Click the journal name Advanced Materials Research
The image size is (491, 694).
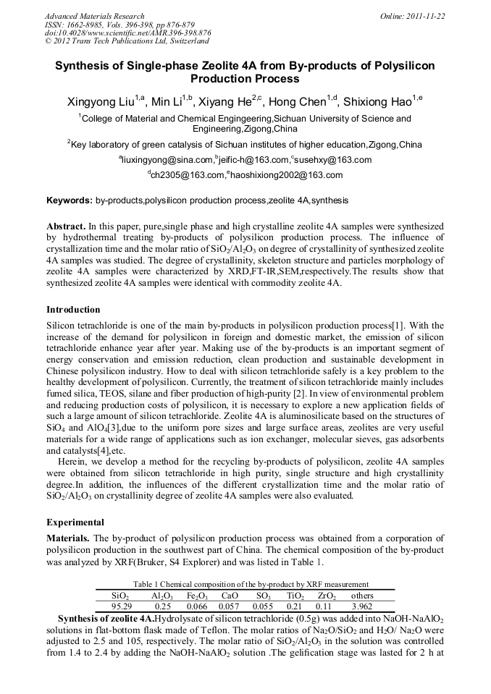94,16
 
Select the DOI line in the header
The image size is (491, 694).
127,33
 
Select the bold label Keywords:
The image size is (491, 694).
70,200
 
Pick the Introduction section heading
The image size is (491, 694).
73,310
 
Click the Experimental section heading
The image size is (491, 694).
75,522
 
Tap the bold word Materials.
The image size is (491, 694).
69,538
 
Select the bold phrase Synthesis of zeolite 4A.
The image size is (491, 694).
106,619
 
